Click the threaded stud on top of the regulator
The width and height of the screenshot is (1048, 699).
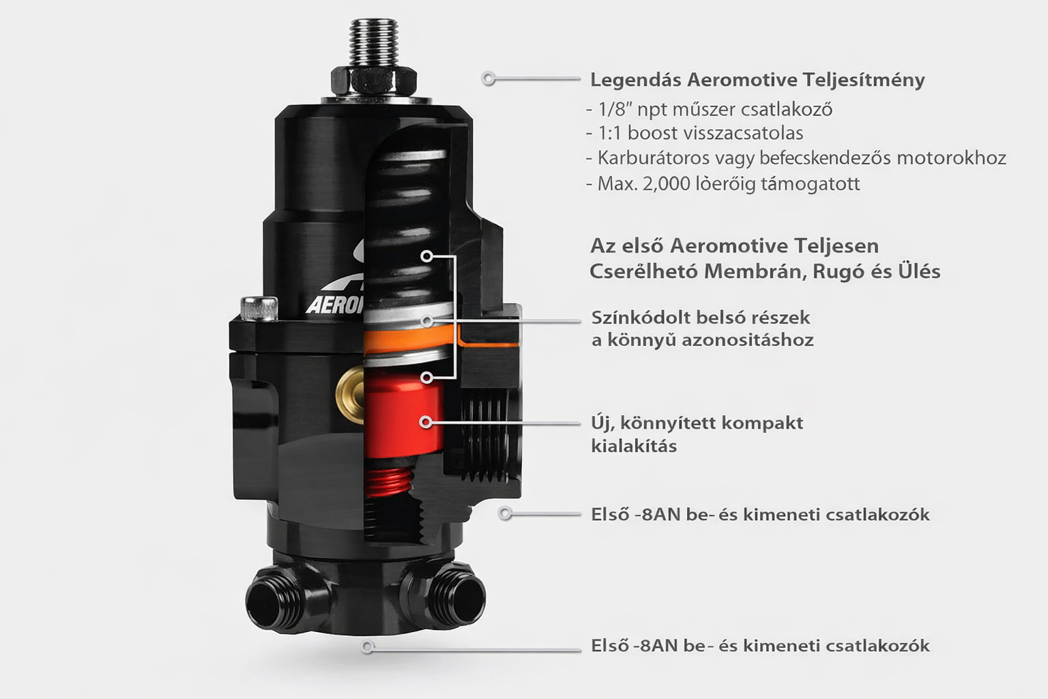(374, 43)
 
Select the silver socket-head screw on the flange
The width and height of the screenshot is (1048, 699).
(259, 309)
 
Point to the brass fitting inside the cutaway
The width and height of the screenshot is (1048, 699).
(351, 395)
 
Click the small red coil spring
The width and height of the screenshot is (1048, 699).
(388, 482)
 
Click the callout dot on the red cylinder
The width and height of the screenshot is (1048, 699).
(426, 423)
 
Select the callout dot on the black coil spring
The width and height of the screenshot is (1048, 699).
(426, 256)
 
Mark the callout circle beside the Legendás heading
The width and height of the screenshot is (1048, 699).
(489, 79)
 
